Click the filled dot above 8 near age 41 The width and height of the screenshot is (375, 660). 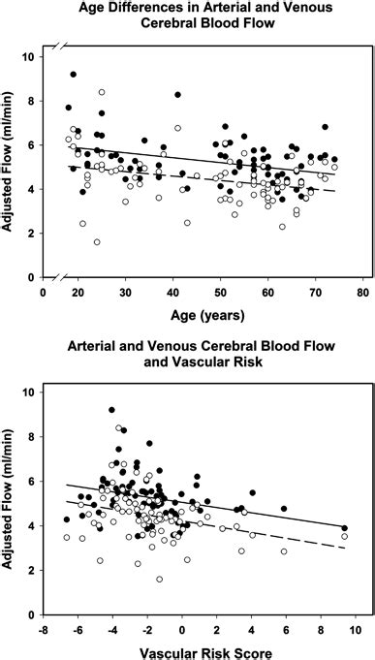(177, 94)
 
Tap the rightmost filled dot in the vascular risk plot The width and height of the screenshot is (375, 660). (344, 526)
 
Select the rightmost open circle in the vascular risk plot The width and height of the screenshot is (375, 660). (344, 536)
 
